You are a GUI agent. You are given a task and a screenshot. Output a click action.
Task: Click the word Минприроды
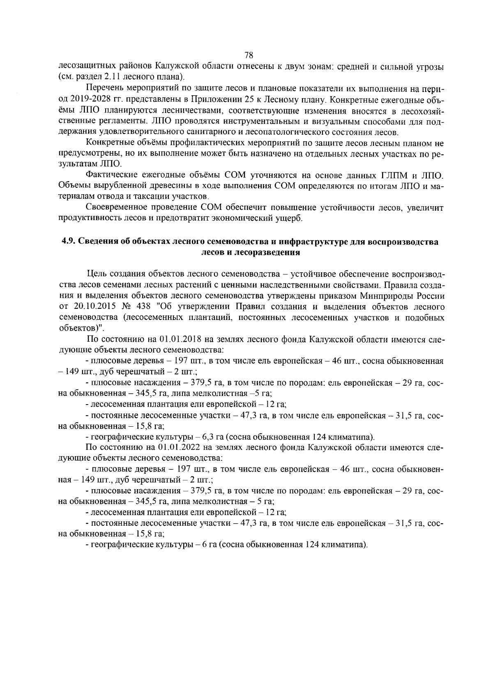tap(386, 296)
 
